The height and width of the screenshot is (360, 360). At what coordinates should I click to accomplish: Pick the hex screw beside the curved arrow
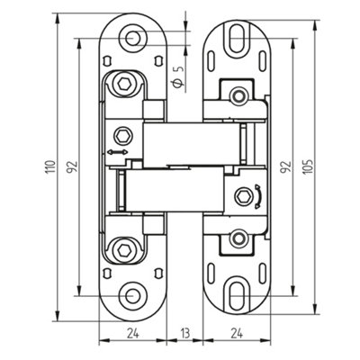pos(242,195)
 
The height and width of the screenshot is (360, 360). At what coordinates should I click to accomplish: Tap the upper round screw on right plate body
pos(238,94)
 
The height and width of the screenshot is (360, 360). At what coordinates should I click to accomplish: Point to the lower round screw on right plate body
pos(238,238)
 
